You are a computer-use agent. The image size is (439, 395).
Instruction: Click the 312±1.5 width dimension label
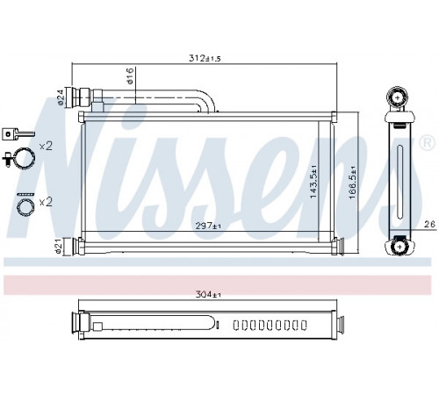click(205, 58)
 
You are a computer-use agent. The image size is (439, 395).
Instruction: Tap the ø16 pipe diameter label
click(130, 76)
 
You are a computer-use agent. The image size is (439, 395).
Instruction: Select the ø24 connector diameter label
click(60, 97)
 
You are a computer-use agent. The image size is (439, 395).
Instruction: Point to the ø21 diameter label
click(59, 246)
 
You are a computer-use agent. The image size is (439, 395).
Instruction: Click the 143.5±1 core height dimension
click(313, 182)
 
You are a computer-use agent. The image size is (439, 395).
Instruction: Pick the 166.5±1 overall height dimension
click(352, 183)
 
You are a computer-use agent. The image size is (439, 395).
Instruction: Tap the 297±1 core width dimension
click(208, 226)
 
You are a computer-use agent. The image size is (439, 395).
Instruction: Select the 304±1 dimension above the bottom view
click(208, 295)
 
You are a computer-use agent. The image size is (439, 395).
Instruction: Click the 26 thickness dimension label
click(429, 224)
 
